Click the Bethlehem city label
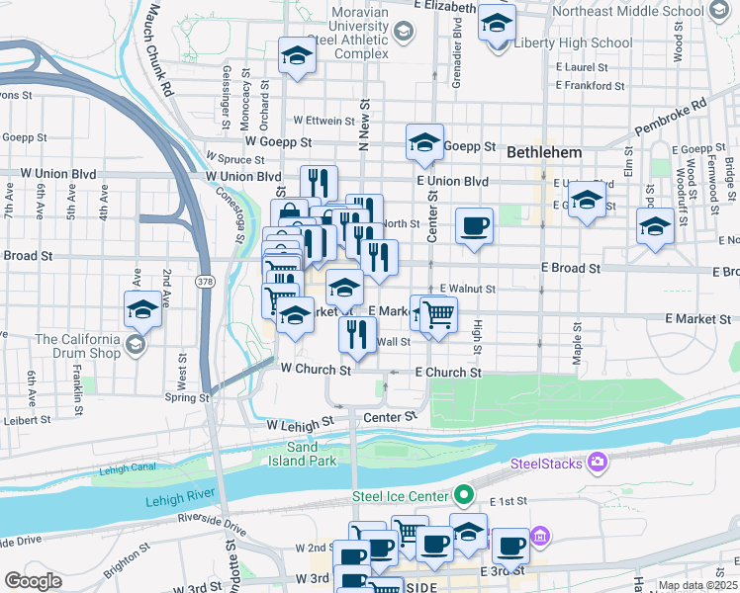coord(544,154)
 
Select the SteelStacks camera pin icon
coord(597,462)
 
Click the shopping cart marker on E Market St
coord(438,314)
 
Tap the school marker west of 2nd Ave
coord(143,309)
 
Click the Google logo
coord(34,580)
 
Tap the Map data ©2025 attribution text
coord(696,585)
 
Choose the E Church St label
coord(447,373)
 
